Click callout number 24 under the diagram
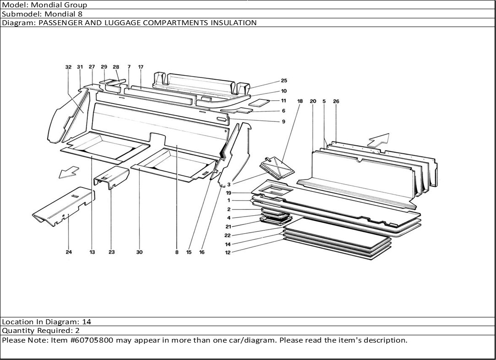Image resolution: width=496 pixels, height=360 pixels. pyautogui.click(x=69, y=252)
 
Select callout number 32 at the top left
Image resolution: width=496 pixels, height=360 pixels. pyautogui.click(x=68, y=67)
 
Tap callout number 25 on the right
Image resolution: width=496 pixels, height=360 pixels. pyautogui.click(x=284, y=81)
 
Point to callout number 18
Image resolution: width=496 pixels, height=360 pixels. pyautogui.click(x=300, y=101)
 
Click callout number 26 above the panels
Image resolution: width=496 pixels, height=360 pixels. pyautogui.click(x=336, y=101)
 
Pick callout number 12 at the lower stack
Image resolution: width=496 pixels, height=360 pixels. pyautogui.click(x=228, y=252)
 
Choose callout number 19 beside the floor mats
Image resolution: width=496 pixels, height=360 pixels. pyautogui.click(x=228, y=193)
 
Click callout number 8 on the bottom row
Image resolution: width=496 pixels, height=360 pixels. pyautogui.click(x=177, y=252)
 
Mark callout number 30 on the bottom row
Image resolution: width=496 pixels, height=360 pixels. pyautogui.click(x=139, y=252)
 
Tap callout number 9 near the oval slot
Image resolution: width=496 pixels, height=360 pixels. pyautogui.click(x=283, y=121)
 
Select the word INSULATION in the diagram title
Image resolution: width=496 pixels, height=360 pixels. pyautogui.click(x=233, y=22)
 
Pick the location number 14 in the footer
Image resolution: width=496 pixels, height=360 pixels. pyautogui.click(x=87, y=322)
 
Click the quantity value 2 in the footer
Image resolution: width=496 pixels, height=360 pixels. pyautogui.click(x=77, y=331)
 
